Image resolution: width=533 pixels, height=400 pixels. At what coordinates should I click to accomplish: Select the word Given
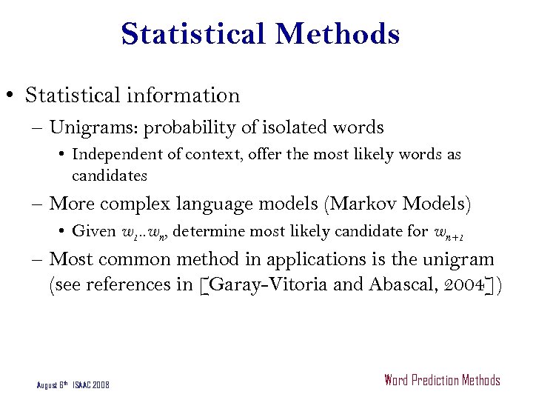coord(94,230)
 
